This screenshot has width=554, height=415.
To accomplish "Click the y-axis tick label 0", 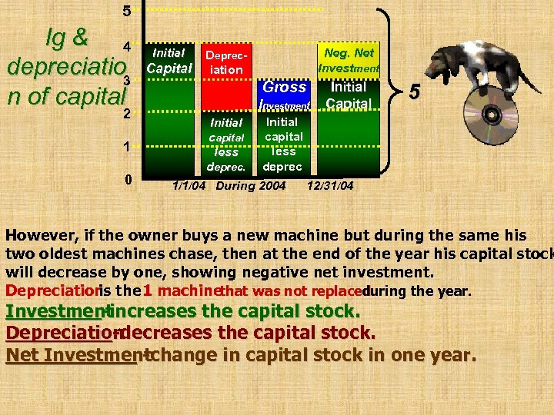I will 128,179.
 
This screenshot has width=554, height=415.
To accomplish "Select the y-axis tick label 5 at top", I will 127,12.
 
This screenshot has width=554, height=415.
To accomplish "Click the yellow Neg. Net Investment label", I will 349,61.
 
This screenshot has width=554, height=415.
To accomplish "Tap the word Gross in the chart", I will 285,87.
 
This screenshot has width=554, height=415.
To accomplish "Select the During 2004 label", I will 252,185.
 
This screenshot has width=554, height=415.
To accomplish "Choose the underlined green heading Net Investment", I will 73,356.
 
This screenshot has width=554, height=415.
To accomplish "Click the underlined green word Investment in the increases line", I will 55,311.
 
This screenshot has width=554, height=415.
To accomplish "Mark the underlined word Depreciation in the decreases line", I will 60,334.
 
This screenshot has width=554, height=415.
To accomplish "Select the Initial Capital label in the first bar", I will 169,61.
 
